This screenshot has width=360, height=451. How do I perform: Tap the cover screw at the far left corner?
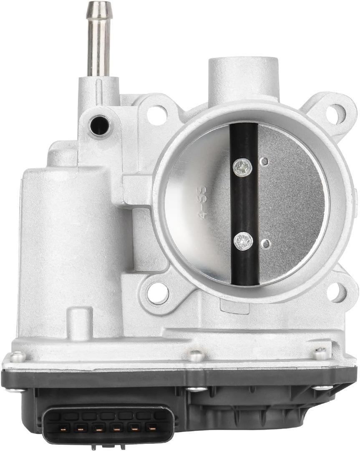(x=17, y=357)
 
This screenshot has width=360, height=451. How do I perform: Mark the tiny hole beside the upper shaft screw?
(x=264, y=162)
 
